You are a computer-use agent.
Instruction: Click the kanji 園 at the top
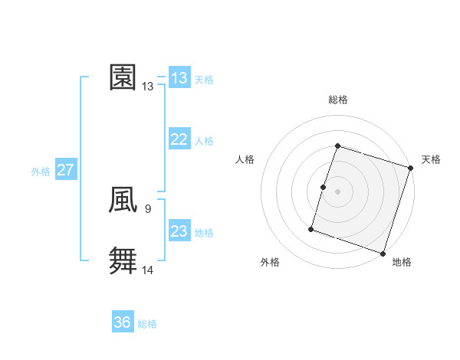pyautogui.click(x=123, y=77)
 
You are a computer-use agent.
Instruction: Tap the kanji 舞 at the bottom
pyautogui.click(x=123, y=260)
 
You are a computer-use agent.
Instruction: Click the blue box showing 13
pyautogui.click(x=179, y=78)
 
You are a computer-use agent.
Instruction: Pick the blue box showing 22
pyautogui.click(x=179, y=139)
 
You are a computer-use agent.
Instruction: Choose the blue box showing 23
pyautogui.click(x=179, y=231)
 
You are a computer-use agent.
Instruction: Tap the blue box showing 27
pyautogui.click(x=66, y=170)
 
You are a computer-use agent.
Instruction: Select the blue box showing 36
pyautogui.click(x=123, y=322)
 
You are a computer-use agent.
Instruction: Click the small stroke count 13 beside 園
pyautogui.click(x=147, y=87)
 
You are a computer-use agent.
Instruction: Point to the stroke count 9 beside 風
pyautogui.click(x=147, y=208)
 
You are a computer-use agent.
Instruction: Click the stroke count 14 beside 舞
pyautogui.click(x=148, y=269)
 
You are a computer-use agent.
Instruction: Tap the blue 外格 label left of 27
pyautogui.click(x=41, y=172)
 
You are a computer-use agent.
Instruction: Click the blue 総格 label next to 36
pyautogui.click(x=147, y=324)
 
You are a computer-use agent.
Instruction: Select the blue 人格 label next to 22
pyautogui.click(x=204, y=141)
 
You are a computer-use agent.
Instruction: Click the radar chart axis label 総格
pyautogui.click(x=338, y=100)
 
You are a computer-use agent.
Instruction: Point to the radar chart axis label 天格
pyautogui.click(x=431, y=159)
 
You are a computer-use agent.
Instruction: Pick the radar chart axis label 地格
pyautogui.click(x=402, y=263)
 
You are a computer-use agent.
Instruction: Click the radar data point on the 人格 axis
pyautogui.click(x=324, y=187)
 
